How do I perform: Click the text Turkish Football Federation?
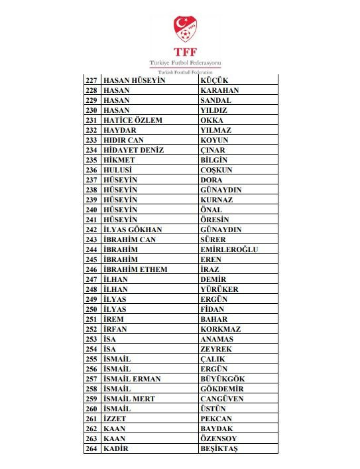180,71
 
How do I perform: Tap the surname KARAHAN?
219,90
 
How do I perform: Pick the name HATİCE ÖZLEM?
133,120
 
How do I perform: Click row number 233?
91,140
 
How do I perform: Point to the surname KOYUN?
214,140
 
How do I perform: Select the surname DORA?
211,180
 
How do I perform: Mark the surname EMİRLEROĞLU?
229,249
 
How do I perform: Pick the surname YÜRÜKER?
219,289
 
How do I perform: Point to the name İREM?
115,319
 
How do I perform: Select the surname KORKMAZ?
220,329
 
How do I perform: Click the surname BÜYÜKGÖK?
222,379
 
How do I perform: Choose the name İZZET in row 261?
115,419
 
